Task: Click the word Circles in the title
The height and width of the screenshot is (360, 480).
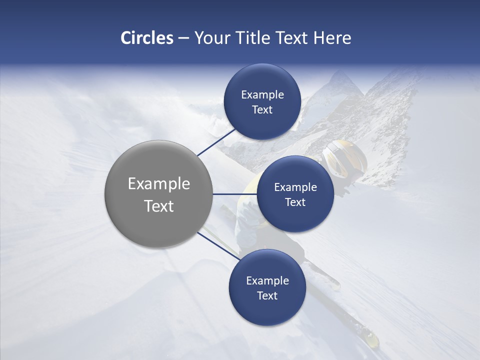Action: (146, 37)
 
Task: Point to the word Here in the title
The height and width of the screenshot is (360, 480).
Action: (332, 37)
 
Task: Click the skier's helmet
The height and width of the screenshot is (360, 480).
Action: (345, 157)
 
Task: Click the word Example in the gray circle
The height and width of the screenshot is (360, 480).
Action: (158, 183)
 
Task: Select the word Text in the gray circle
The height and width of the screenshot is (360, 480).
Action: (158, 205)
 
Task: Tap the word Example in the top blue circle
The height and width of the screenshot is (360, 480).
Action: (262, 94)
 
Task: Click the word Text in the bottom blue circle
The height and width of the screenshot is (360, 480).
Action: (267, 295)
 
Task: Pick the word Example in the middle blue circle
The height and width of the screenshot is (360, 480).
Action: (295, 187)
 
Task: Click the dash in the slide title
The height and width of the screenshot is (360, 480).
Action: (183, 37)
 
